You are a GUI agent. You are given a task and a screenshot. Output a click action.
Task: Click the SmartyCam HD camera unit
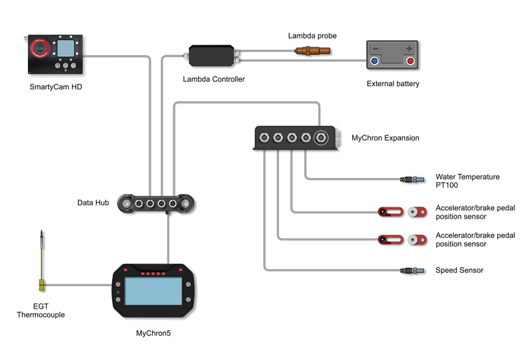click(x=55, y=55)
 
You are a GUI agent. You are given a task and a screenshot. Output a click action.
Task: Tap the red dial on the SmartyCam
click(x=38, y=48)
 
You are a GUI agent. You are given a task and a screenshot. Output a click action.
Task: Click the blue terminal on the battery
click(x=374, y=61)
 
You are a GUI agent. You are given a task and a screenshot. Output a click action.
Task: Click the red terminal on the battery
click(x=410, y=61)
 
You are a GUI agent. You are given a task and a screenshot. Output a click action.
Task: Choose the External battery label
click(x=393, y=84)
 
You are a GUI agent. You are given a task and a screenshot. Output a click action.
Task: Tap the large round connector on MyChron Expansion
click(x=321, y=138)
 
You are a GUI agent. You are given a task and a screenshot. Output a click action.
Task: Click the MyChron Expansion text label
click(x=385, y=139)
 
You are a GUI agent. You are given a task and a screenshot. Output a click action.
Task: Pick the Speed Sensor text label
click(x=459, y=270)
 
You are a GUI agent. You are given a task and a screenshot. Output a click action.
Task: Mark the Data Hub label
click(x=93, y=203)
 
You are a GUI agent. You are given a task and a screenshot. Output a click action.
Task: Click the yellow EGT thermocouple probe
click(x=41, y=267)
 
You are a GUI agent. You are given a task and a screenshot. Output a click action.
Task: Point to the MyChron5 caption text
click(x=153, y=332)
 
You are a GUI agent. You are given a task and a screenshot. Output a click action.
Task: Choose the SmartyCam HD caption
click(x=55, y=87)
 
